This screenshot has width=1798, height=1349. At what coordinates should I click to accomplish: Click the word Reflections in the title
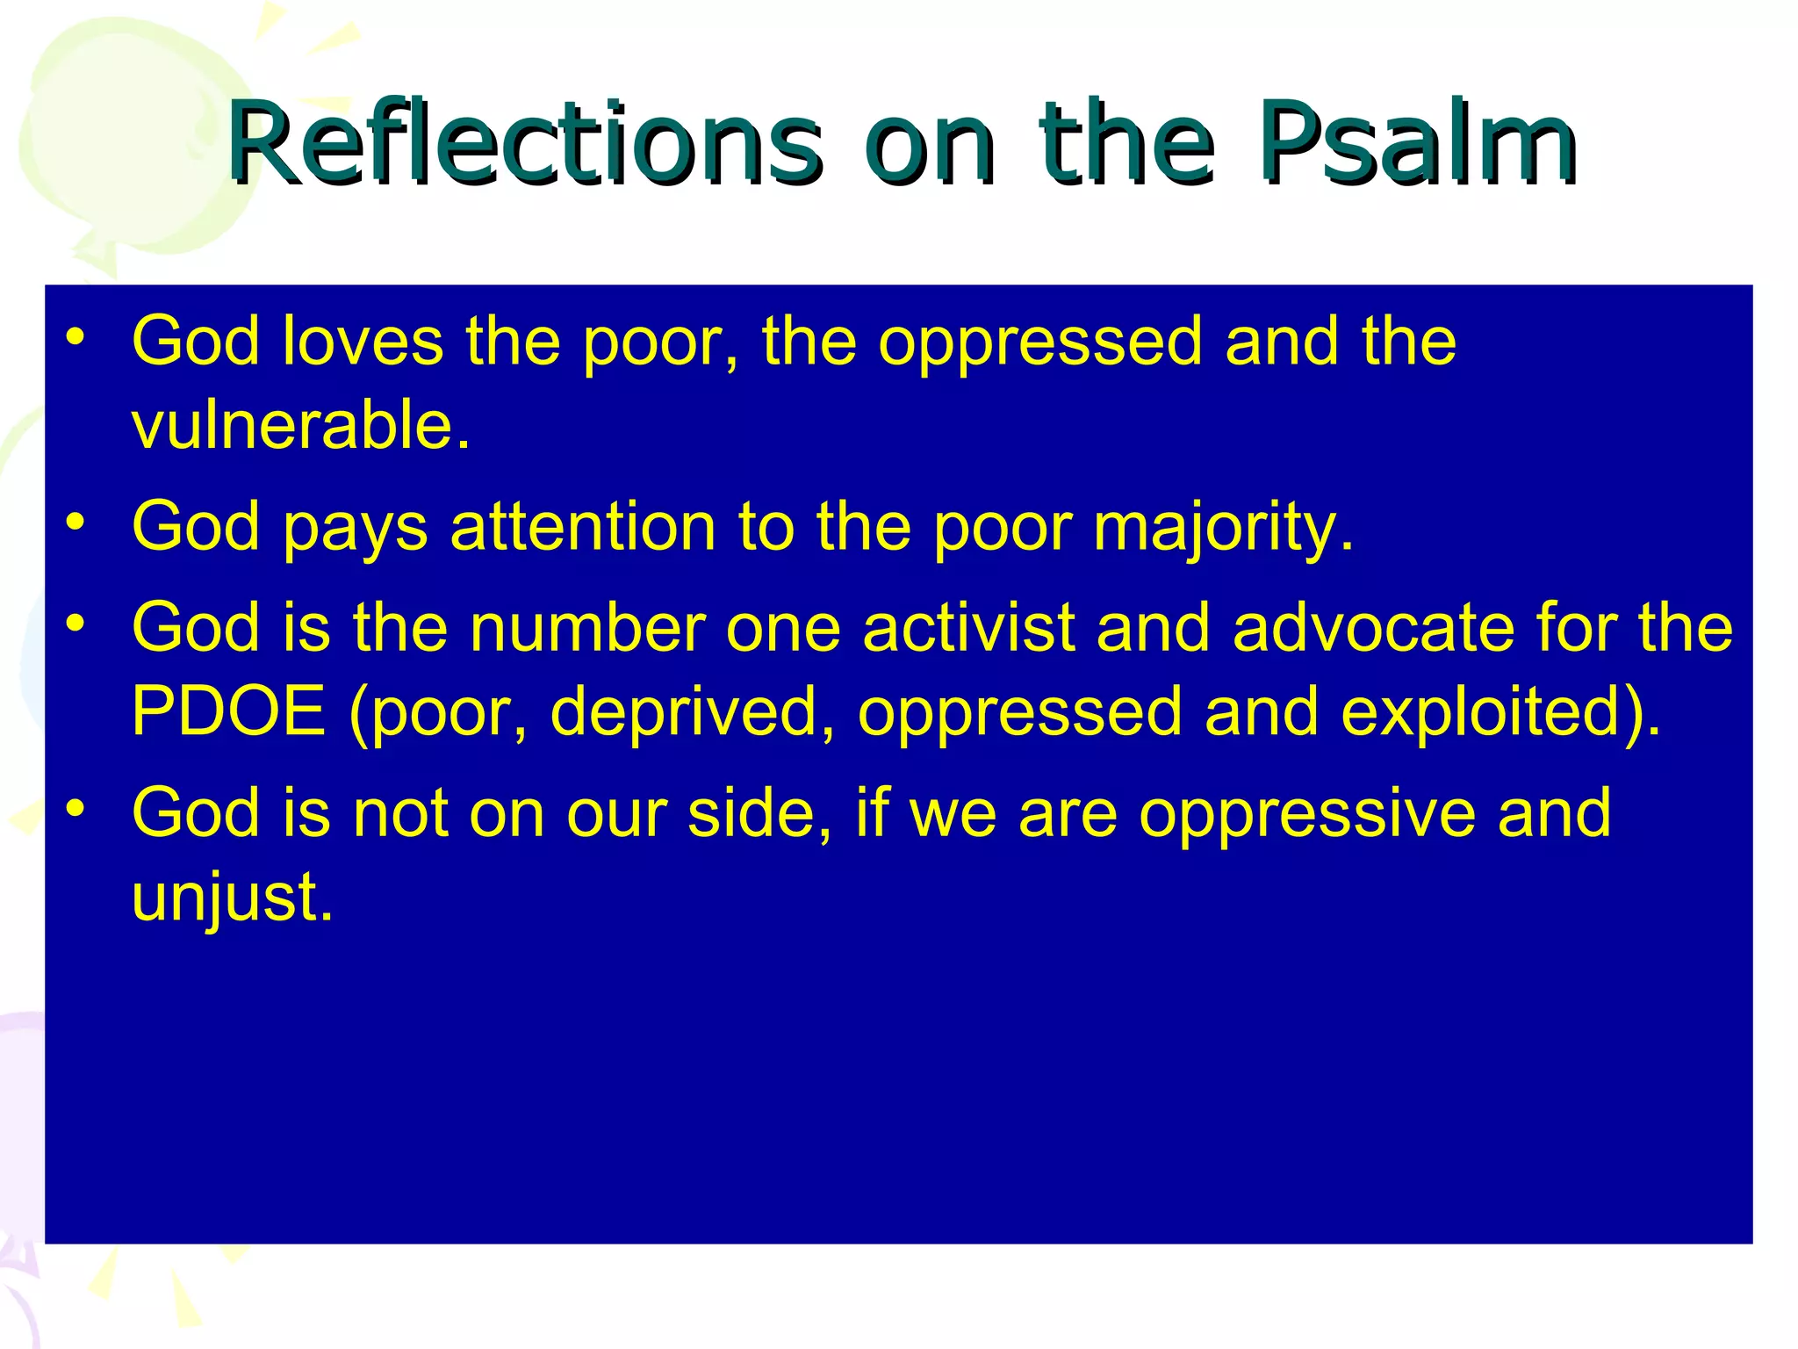tap(524, 143)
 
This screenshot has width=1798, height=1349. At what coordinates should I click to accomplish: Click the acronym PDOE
tap(228, 711)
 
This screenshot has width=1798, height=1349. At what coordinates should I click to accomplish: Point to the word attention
tap(582, 527)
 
